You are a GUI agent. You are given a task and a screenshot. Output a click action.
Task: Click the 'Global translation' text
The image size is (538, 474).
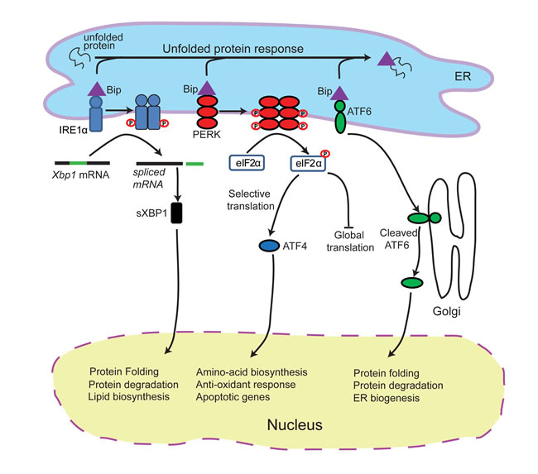pos(351,241)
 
